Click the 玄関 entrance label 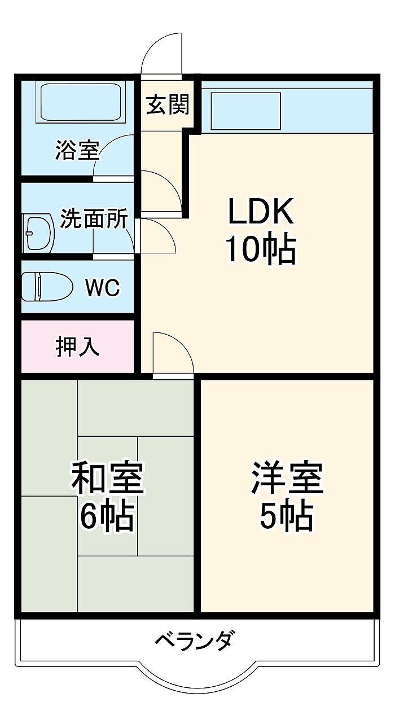click(x=168, y=105)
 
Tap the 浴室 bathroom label click(x=77, y=150)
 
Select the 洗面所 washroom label click(x=94, y=218)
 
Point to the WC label click(x=103, y=287)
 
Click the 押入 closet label click(x=77, y=346)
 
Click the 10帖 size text click(x=261, y=250)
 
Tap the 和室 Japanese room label click(x=107, y=478)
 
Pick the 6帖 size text click(x=107, y=516)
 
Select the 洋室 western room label click(x=287, y=478)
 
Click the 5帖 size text click(x=287, y=516)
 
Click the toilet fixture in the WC click(x=47, y=287)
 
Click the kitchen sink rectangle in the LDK click(x=245, y=111)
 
